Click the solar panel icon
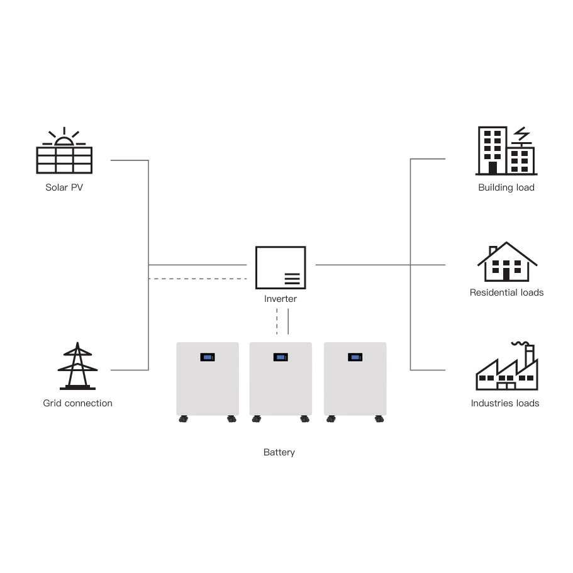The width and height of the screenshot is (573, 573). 64,159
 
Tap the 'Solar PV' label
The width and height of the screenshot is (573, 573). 64,187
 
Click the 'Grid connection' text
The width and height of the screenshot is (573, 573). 77,403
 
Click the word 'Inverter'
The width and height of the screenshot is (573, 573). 281,299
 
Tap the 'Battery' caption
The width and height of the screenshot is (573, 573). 279,452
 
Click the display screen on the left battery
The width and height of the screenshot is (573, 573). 208,357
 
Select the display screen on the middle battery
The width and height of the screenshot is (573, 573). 281,357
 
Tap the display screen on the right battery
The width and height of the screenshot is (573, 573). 355,357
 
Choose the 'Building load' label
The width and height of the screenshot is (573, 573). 506,187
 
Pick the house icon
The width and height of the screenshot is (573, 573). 507,262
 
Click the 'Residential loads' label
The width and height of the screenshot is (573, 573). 506,292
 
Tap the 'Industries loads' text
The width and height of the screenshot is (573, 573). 505,403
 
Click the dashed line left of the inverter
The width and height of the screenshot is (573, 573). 197,278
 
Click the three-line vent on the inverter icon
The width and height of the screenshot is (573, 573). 292,279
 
